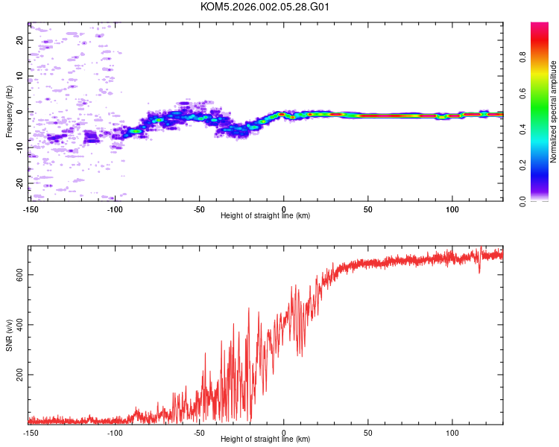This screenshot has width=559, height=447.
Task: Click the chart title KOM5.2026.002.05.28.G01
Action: tap(265, 7)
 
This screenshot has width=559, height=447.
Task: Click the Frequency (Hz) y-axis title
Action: tap(9, 112)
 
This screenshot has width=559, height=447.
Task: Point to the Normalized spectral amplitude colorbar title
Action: tap(554, 112)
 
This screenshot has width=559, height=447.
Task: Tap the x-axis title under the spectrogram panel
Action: tap(265, 215)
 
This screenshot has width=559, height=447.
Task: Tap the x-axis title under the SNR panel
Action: tap(265, 439)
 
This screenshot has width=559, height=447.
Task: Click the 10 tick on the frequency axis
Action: tap(19, 76)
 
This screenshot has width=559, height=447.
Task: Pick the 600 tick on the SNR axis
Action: tap(19, 274)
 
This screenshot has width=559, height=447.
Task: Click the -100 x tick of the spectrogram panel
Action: tap(115, 209)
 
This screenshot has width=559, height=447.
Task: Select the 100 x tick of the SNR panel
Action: tap(452, 432)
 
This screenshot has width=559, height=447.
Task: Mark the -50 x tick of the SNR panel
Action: tap(199, 432)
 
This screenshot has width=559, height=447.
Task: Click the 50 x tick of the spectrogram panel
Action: tap(368, 209)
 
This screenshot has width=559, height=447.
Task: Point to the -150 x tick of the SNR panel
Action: tap(31, 432)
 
